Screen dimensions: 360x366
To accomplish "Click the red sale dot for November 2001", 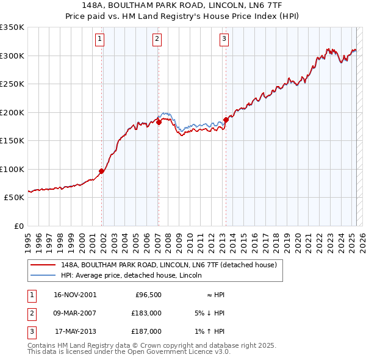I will point(102,171).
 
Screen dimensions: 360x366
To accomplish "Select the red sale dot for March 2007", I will point(159,122).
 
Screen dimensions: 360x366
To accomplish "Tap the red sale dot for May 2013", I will point(226,120).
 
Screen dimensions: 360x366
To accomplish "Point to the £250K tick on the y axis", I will point(12,84).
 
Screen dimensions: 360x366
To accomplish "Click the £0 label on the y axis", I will point(18,226).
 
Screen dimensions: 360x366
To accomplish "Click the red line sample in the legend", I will point(43,265).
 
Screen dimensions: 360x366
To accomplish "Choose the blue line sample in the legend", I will point(43,275).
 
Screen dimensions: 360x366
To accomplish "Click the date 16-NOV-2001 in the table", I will point(75,295).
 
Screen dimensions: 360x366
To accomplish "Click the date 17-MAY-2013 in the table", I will point(75,331).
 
